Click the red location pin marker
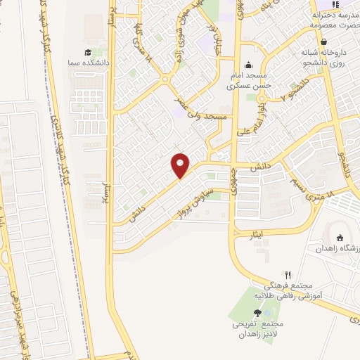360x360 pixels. (181, 166)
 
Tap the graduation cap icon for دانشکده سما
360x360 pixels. (88, 53)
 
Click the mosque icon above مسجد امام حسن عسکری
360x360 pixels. (247, 65)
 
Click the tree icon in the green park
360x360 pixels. (257, 313)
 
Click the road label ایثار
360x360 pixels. (259, 231)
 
